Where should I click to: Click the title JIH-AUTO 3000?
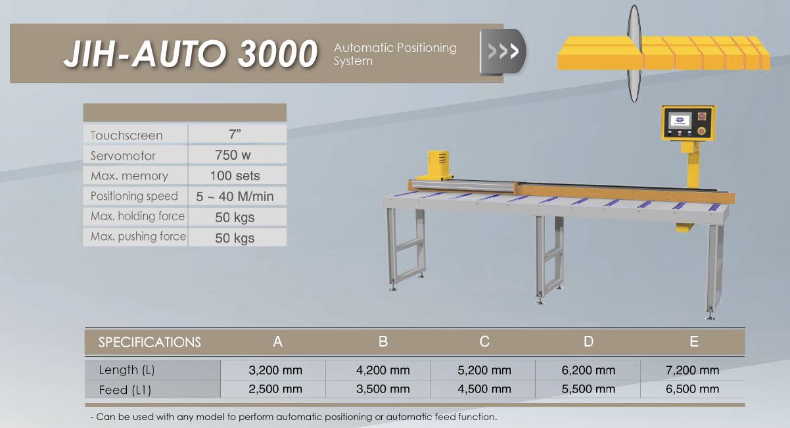[191, 54]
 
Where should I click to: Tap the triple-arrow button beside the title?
[503, 52]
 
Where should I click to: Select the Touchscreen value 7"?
[235, 134]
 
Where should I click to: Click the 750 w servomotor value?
[233, 155]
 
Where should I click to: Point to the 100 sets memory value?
[235, 176]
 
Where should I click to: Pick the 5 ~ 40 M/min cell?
[235, 197]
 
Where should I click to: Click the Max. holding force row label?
[137, 216]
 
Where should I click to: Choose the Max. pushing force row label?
[138, 237]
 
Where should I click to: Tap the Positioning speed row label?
[134, 196]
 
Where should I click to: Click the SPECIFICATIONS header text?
[150, 343]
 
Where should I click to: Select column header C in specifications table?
[484, 342]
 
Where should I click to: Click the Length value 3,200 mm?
[275, 370]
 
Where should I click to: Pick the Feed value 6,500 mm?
[692, 389]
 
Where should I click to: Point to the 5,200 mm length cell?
[484, 370]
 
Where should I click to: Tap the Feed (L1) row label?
[125, 390]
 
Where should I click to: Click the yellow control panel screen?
[680, 120]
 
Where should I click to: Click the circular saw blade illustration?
[634, 54]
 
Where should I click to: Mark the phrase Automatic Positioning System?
[395, 55]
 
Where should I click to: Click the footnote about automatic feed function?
[293, 417]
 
